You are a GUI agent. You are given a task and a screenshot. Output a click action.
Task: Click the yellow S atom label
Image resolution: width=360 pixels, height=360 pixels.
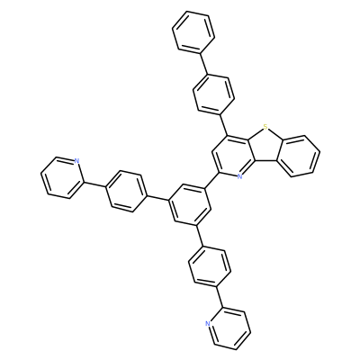[x=265, y=128]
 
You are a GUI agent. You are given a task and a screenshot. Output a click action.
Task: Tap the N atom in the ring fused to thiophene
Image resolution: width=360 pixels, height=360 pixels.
[x=239, y=176]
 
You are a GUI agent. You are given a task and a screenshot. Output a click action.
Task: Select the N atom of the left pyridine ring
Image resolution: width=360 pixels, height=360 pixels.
[x=76, y=161]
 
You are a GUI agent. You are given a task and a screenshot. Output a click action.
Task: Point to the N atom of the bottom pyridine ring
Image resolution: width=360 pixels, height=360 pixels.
[x=208, y=324]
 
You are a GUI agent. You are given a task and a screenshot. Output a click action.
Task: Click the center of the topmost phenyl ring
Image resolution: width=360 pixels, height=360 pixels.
[x=193, y=32]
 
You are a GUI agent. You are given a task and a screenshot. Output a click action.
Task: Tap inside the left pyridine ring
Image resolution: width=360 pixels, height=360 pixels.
[x=61, y=177]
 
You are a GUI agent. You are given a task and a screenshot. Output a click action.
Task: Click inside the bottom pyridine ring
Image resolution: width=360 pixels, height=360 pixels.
[x=229, y=328]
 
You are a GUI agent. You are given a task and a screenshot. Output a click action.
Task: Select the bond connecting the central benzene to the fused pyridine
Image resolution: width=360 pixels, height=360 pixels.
[x=211, y=181]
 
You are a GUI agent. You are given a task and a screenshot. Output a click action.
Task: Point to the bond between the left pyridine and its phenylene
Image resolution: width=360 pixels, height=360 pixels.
[x=94, y=184]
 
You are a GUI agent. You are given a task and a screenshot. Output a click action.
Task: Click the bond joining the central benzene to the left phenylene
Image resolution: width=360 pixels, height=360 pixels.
[x=158, y=197]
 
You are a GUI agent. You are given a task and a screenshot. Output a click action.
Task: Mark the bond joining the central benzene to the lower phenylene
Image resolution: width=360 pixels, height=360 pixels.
[x=200, y=236]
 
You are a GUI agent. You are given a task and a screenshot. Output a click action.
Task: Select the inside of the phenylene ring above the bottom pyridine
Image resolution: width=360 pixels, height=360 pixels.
[x=210, y=265]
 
